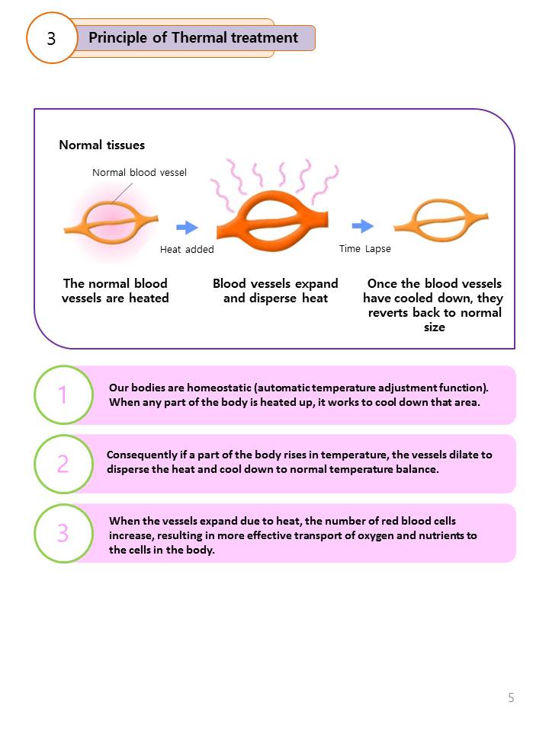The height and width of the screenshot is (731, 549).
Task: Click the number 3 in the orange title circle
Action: [51, 38]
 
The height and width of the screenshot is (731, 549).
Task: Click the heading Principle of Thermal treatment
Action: [194, 37]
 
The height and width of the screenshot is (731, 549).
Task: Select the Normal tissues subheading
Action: [101, 145]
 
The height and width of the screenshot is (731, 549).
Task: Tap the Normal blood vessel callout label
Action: [140, 173]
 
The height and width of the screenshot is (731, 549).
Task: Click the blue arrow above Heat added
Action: [187, 227]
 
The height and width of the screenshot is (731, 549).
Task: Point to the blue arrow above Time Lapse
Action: [363, 226]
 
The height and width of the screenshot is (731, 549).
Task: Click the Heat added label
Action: [187, 249]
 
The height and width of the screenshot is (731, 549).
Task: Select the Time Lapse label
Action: [364, 248]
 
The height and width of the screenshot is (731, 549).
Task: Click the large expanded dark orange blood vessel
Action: [272, 213]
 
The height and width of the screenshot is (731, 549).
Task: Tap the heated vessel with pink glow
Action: [111, 220]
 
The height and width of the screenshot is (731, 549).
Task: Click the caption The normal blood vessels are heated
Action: [115, 291]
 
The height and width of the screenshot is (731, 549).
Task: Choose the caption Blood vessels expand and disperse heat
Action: [275, 291]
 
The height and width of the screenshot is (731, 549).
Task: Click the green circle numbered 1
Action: [63, 395]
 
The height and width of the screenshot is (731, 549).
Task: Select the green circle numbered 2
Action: [63, 464]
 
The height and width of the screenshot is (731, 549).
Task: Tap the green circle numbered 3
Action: [63, 533]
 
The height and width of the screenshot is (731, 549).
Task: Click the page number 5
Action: [511, 697]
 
